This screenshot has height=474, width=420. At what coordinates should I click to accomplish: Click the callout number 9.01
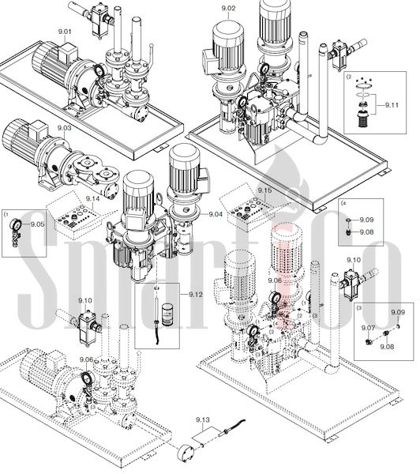point(65,32)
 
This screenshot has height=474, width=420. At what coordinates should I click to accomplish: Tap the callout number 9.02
point(228,8)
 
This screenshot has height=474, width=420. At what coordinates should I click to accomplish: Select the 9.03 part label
point(65,128)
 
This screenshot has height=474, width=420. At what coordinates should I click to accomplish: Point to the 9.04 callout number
point(216,214)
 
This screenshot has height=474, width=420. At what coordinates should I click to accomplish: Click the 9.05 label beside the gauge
point(37,224)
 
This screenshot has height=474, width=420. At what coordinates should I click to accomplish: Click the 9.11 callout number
point(392,105)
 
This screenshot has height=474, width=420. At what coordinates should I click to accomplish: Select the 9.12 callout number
point(196,294)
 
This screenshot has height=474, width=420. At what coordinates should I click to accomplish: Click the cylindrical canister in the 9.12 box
point(167,314)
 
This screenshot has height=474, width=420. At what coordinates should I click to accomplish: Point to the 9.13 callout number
point(202,419)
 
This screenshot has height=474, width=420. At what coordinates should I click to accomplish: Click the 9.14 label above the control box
point(92,198)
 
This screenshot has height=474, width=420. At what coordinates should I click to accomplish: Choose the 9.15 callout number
point(264,190)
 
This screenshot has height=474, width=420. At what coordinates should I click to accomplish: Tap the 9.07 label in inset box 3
point(369,328)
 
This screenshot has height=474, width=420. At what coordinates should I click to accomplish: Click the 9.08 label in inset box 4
point(366,232)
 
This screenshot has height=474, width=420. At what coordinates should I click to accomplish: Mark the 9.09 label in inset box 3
point(398,312)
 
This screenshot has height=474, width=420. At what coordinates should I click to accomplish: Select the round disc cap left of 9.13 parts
point(186,452)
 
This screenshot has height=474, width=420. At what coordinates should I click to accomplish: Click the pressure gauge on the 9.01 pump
point(99,71)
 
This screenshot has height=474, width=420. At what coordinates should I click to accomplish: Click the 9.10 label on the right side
point(354,260)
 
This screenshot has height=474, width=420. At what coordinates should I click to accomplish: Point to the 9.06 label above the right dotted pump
point(275,280)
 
